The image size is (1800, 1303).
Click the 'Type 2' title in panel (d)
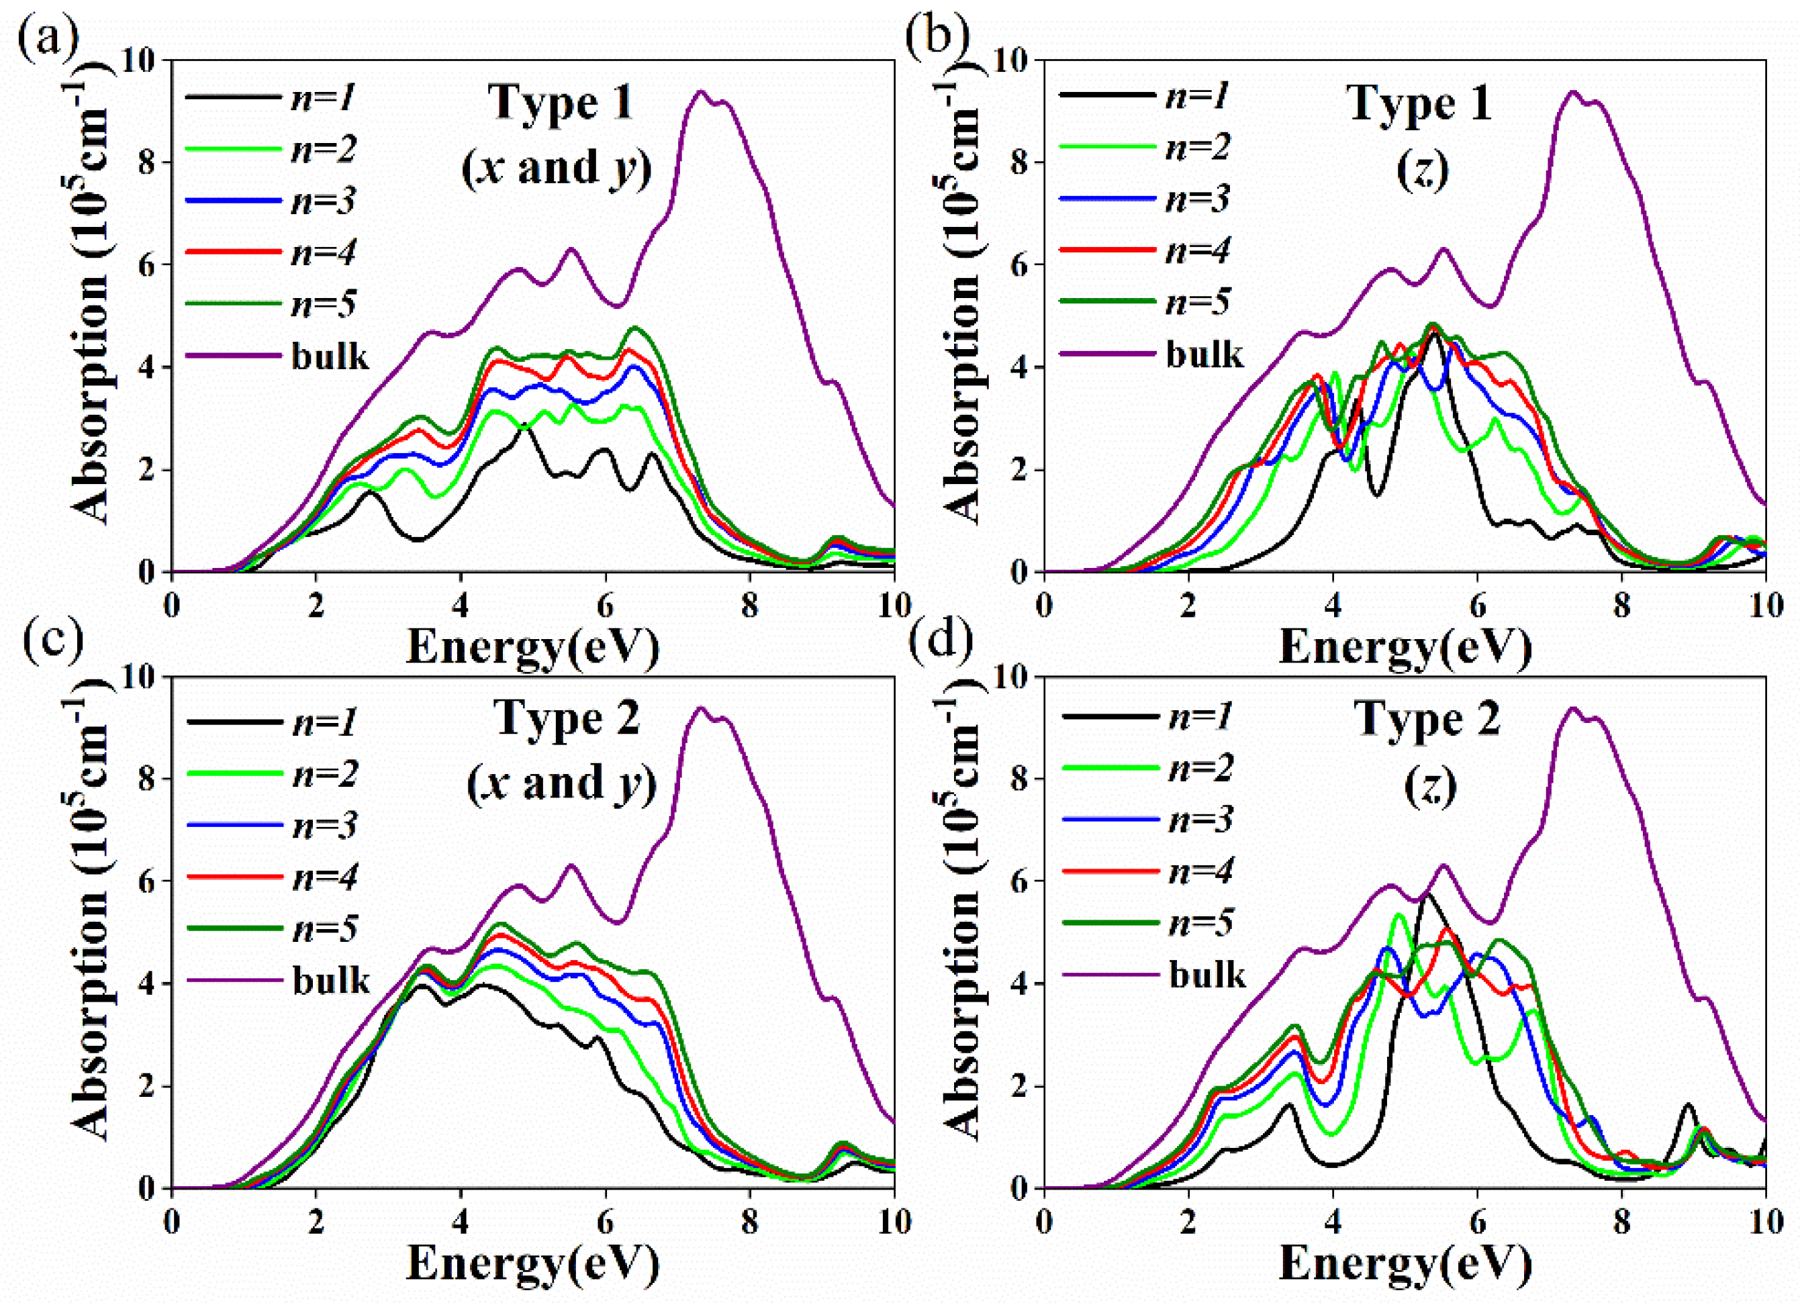1427,718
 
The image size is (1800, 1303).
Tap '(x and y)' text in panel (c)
562,784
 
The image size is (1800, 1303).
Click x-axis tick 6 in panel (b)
1477,606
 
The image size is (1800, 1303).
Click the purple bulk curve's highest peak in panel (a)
700,92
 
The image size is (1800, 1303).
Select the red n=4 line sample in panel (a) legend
234,252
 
